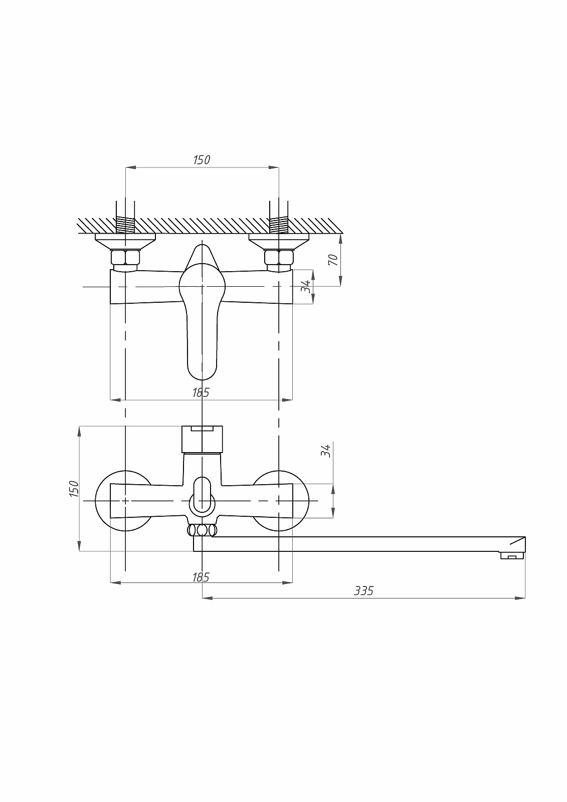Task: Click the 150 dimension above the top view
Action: click(202, 160)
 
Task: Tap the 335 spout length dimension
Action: click(363, 591)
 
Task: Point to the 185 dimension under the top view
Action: click(201, 392)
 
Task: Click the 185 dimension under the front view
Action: click(201, 577)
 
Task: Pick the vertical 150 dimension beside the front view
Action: click(74, 489)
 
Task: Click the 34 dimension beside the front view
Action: click(326, 450)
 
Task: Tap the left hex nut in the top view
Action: click(125, 258)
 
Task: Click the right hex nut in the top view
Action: click(279, 258)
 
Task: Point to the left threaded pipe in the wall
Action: click(125, 225)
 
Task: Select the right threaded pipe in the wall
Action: click(279, 225)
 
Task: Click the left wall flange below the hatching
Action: click(125, 241)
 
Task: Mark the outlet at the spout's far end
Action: click(511, 555)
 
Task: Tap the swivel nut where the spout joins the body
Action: click(202, 530)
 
